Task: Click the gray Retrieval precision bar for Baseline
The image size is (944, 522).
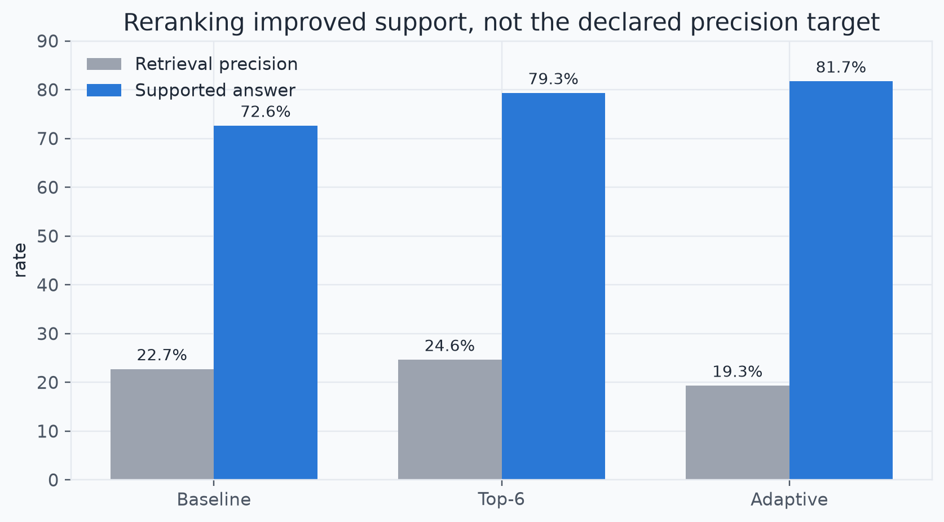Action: pyautogui.click(x=162, y=424)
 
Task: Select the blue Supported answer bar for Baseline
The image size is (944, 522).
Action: pyautogui.click(x=266, y=303)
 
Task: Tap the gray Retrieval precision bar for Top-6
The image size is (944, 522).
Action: pyautogui.click(x=449, y=419)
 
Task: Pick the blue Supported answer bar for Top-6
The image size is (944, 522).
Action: pyautogui.click(x=553, y=286)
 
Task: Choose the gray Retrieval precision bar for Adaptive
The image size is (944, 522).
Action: pyautogui.click(x=738, y=433)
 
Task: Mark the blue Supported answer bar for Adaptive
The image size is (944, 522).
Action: pyautogui.click(x=841, y=280)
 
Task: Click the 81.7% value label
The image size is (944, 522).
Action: pyautogui.click(x=841, y=68)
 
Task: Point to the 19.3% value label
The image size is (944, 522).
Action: pyautogui.click(x=738, y=371)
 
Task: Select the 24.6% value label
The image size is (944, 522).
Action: pyautogui.click(x=449, y=346)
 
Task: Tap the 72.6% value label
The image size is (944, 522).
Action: pyautogui.click(x=266, y=112)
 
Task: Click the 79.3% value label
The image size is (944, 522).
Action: pyautogui.click(x=553, y=79)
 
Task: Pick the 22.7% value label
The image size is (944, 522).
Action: pyautogui.click(x=162, y=356)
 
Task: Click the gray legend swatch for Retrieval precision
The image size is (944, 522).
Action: pyautogui.click(x=104, y=64)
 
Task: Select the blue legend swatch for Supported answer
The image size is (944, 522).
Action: pyautogui.click(x=104, y=90)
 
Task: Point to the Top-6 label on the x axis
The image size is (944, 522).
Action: pyautogui.click(x=501, y=499)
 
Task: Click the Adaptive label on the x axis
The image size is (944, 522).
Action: pyautogui.click(x=789, y=500)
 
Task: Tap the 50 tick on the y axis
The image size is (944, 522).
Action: pyautogui.click(x=47, y=236)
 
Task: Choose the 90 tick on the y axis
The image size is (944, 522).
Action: pyautogui.click(x=47, y=41)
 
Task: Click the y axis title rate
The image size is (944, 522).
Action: pyautogui.click(x=20, y=260)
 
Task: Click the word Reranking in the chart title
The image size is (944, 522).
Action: pyautogui.click(x=184, y=23)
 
